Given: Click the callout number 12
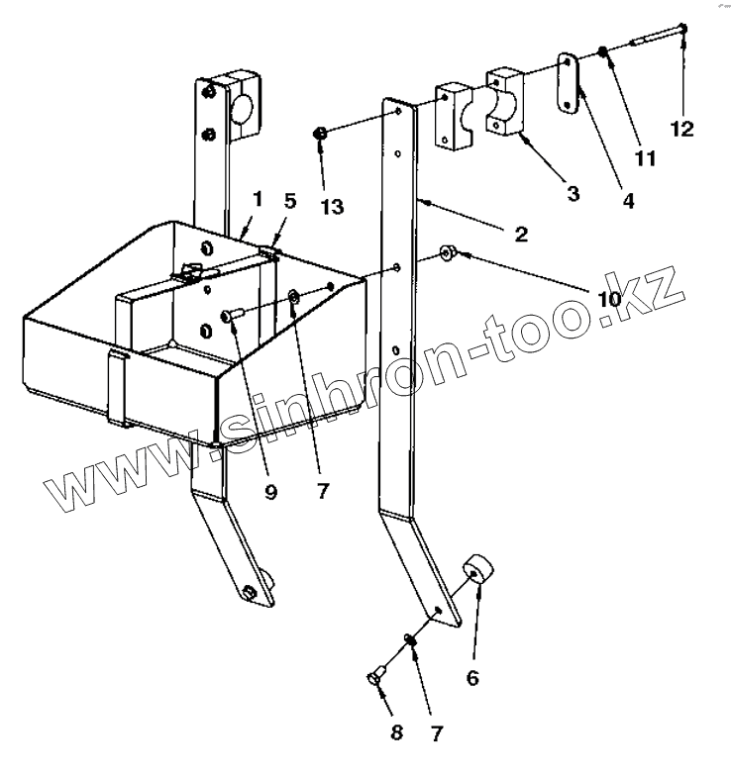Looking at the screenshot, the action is click(x=681, y=128).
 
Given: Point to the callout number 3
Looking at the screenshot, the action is click(x=573, y=193).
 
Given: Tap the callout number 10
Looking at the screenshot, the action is click(x=608, y=298).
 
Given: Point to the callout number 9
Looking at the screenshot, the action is click(x=271, y=492).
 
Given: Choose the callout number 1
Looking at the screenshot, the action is click(x=256, y=199).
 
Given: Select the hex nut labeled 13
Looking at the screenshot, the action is click(x=320, y=133).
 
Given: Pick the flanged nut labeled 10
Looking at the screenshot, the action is click(x=448, y=254).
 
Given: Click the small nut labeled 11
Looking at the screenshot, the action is click(x=603, y=52).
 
